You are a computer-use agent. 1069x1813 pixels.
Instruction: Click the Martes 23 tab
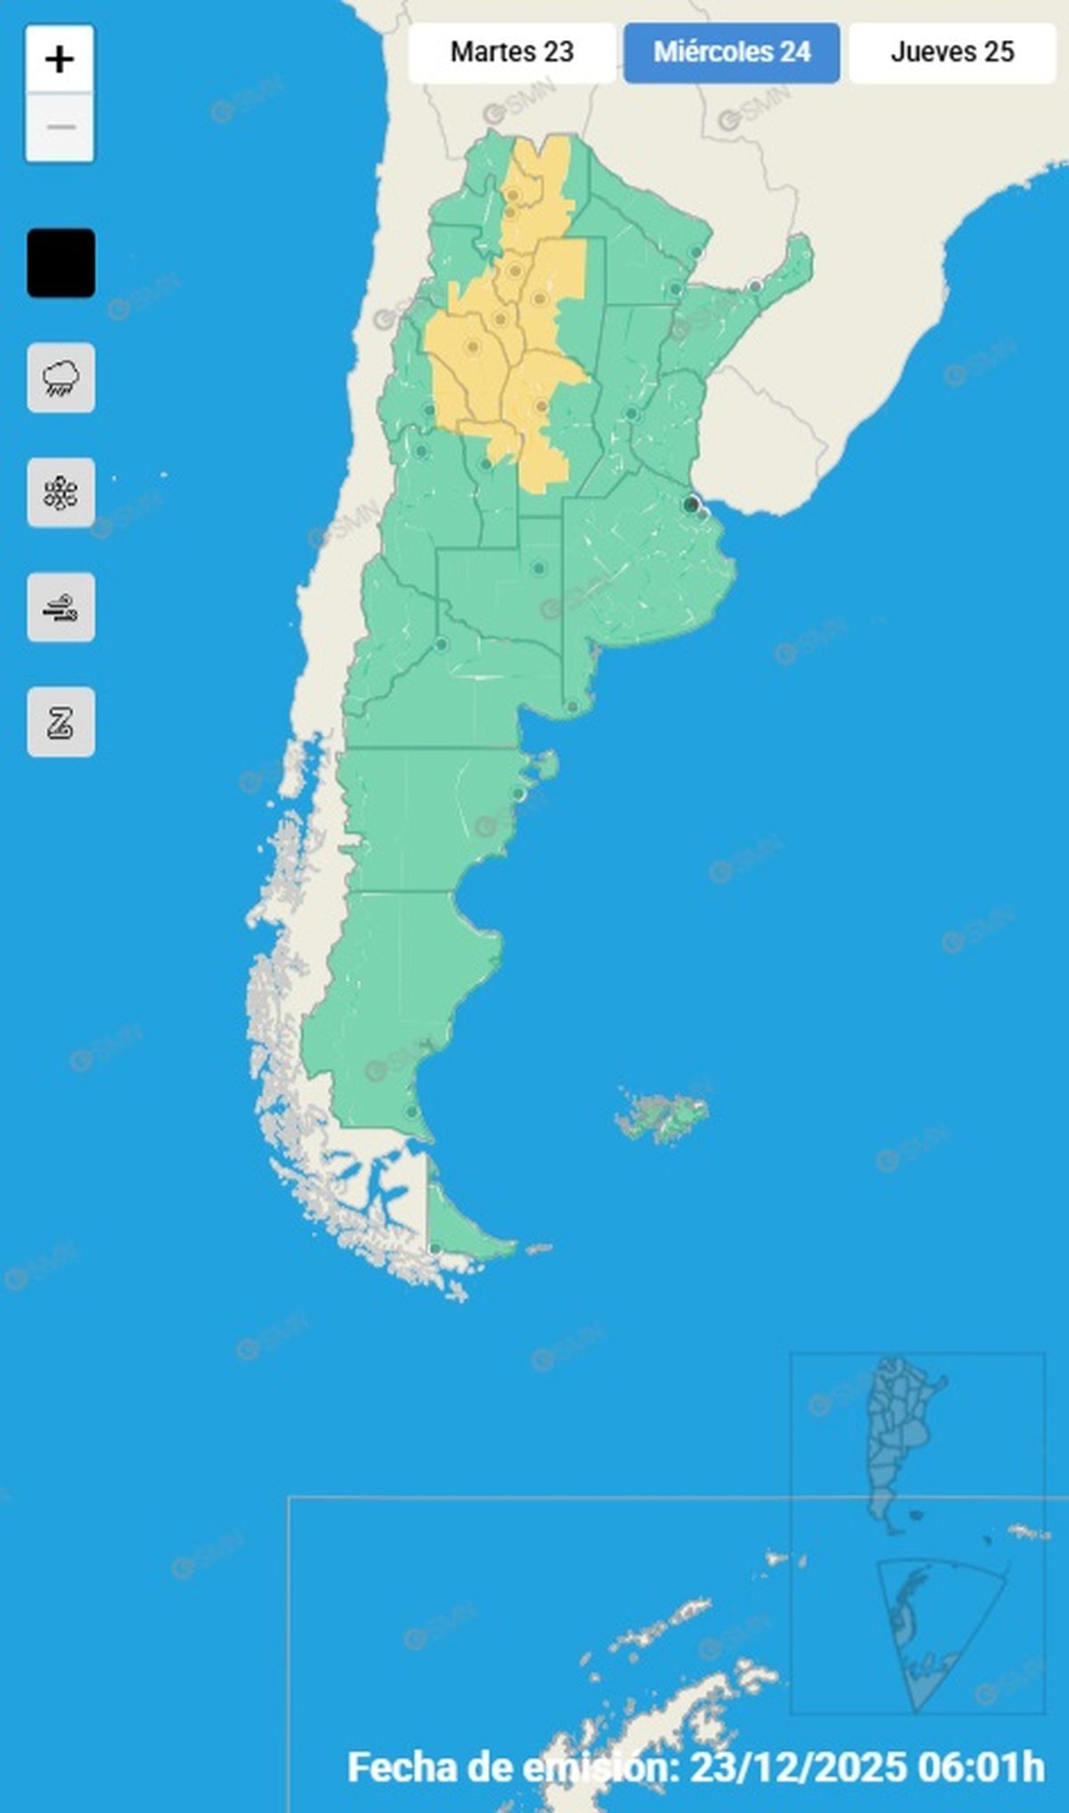(511, 53)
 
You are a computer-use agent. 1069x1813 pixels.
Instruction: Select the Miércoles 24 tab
(731, 53)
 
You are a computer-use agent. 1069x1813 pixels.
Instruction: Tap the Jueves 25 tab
(951, 53)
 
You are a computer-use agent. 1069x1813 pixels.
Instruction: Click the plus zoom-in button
(60, 60)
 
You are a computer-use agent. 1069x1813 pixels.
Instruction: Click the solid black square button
(61, 263)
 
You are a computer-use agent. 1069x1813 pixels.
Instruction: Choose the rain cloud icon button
(61, 378)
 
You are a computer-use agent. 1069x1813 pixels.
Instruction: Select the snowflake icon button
(61, 493)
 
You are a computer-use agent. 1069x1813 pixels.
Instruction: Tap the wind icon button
(61, 608)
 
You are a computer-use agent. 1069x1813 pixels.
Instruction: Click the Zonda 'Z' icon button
(61, 722)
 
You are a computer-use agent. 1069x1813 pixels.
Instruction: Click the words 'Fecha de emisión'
(513, 1766)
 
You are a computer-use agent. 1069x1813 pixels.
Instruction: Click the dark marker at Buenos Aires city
(690, 505)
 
